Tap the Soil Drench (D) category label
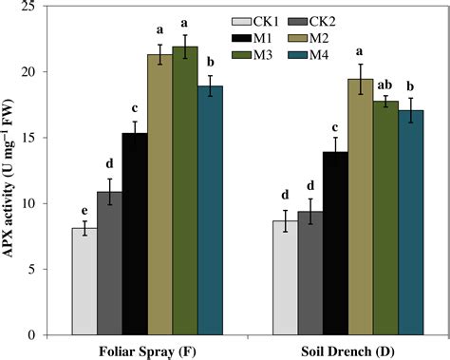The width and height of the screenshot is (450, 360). tap(348, 350)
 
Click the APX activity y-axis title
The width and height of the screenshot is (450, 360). tap(13, 171)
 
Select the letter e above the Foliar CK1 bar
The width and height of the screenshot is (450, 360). tap(84, 211)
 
